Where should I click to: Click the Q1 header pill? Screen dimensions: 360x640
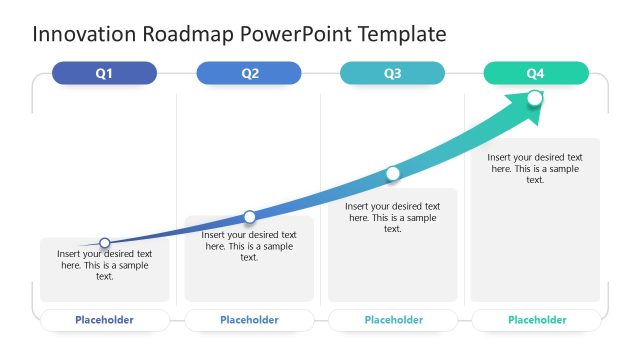coord(104,73)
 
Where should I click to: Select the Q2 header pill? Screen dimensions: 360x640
coord(249,73)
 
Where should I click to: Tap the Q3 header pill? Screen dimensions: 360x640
coord(392,73)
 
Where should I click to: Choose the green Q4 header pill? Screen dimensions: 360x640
coord(536,73)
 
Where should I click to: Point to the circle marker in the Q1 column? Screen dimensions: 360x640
coord(105,242)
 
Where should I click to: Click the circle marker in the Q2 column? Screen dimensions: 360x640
coord(250,216)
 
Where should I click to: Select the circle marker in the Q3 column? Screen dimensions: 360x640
coord(393,174)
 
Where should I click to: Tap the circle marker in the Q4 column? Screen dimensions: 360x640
coord(535,98)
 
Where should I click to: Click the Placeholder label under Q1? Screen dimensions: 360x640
coord(104,320)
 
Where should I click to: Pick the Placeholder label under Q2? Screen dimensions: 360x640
coord(249,320)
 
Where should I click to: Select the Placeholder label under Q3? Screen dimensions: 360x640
coord(393,320)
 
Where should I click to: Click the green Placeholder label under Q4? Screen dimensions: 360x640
coord(537,320)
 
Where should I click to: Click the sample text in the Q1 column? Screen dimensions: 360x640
coord(105,265)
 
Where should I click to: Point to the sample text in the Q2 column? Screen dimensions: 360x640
coord(249,246)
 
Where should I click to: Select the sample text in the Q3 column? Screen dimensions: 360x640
coord(393,217)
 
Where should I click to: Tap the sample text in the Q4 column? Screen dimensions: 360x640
coord(535,168)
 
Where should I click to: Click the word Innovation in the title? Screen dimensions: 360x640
coord(85,34)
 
